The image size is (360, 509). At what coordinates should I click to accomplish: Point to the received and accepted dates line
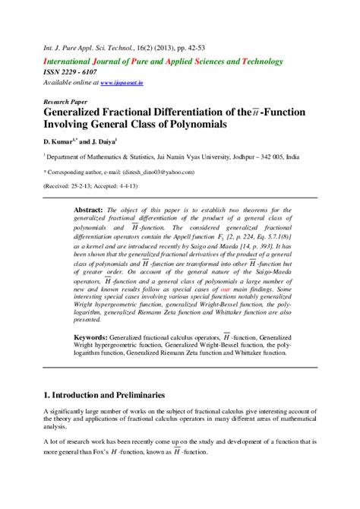pyautogui.click(x=86, y=183)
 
